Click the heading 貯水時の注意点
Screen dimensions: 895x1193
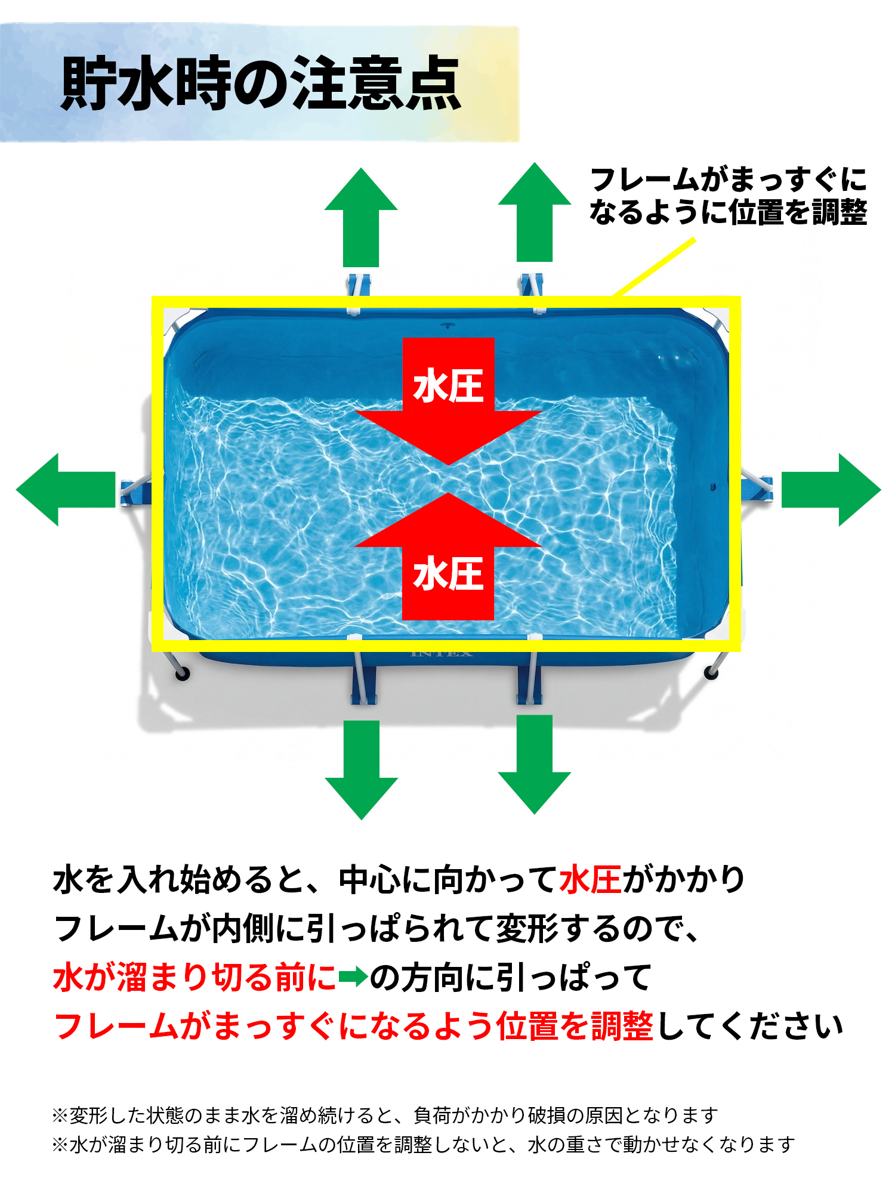coord(261,84)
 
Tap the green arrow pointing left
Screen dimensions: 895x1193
coord(66,490)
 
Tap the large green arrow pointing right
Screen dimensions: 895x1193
coord(831,490)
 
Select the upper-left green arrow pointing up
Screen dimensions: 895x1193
coord(361,217)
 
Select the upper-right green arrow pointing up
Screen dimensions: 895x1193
coord(535,212)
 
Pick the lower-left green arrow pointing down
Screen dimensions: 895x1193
coord(361,770)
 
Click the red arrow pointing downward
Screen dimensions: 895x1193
coord(448,401)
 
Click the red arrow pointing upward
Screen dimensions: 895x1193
coord(448,556)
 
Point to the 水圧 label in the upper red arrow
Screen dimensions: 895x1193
coord(448,386)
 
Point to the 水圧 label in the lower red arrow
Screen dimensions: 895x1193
coord(448,574)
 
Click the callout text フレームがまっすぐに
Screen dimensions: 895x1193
coord(729,180)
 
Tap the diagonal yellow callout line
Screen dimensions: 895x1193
coord(655,267)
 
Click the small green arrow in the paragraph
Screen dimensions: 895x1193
coord(353,977)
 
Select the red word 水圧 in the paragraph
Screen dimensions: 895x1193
coord(591,879)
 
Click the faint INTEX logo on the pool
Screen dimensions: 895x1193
coord(442,654)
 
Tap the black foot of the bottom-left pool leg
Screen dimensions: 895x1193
coord(182,673)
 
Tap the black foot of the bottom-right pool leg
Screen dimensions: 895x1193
coord(711,673)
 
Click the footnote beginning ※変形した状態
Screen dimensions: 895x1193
coord(385,1114)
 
